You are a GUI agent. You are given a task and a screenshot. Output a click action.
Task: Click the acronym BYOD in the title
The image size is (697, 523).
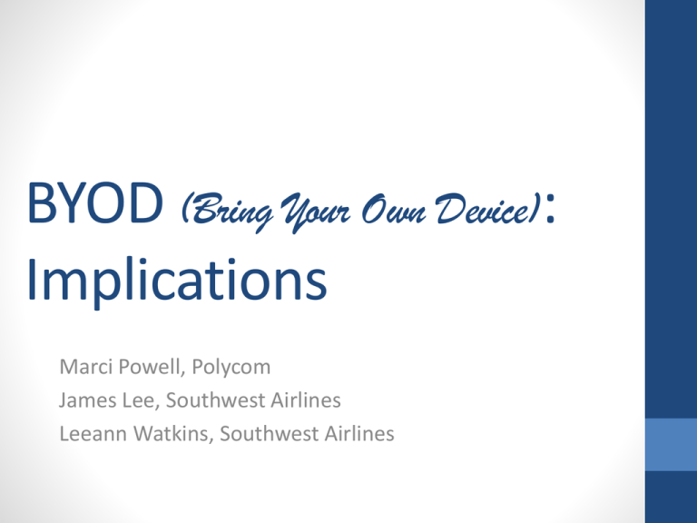(x=95, y=202)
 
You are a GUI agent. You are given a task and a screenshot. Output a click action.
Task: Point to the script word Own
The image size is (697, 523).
(x=394, y=209)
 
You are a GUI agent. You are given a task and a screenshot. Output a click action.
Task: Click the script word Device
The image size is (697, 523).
(x=484, y=208)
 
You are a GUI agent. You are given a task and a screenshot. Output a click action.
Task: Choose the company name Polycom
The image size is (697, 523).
(x=231, y=369)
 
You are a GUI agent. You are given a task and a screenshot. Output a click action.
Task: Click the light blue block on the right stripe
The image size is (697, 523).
(x=671, y=444)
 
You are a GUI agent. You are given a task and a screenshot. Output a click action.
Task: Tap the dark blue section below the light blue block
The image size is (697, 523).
(x=671, y=497)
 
